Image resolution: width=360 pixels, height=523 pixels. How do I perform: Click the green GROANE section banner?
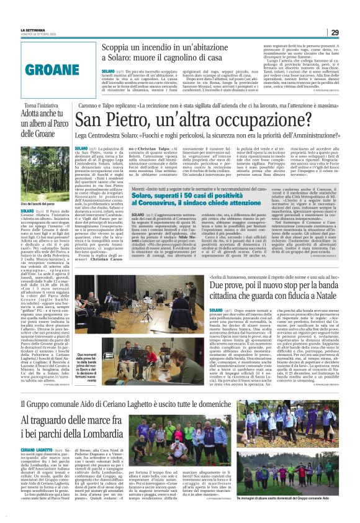[x=48, y=70]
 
